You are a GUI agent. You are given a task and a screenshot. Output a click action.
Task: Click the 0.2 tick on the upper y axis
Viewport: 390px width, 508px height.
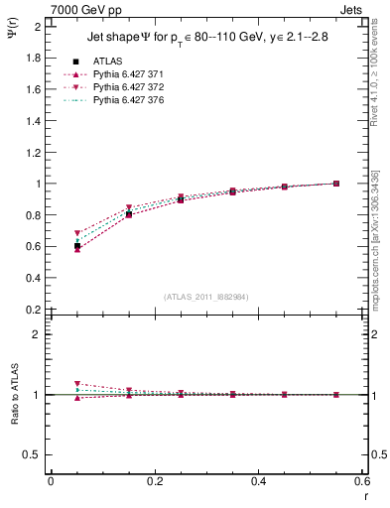pyautogui.click(x=34, y=309)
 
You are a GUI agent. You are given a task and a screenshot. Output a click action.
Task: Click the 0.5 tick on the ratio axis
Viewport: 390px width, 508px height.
pyautogui.click(x=34, y=454)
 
